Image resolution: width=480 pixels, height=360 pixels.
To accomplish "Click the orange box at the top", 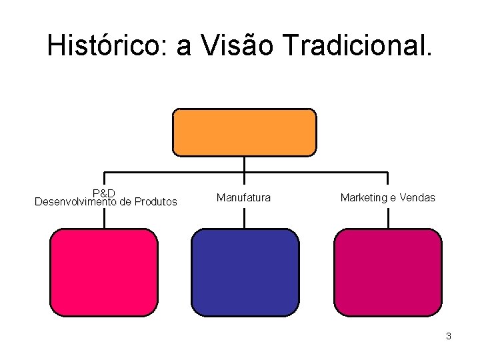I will (x=245, y=132).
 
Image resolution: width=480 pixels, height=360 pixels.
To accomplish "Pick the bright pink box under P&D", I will (x=104, y=272).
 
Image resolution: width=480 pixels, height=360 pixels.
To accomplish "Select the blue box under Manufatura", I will (x=245, y=272).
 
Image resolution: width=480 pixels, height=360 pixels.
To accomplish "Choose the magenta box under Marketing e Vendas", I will (x=387, y=272).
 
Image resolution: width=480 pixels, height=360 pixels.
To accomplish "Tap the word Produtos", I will (x=156, y=201).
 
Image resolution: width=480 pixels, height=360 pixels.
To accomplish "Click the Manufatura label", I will (x=243, y=197).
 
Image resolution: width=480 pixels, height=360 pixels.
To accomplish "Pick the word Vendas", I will (x=417, y=197).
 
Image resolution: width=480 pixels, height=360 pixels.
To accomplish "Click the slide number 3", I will (x=449, y=336).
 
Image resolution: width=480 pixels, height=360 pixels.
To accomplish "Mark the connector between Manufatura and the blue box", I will (x=245, y=218).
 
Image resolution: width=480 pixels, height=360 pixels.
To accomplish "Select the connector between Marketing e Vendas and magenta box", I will (x=387, y=218).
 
